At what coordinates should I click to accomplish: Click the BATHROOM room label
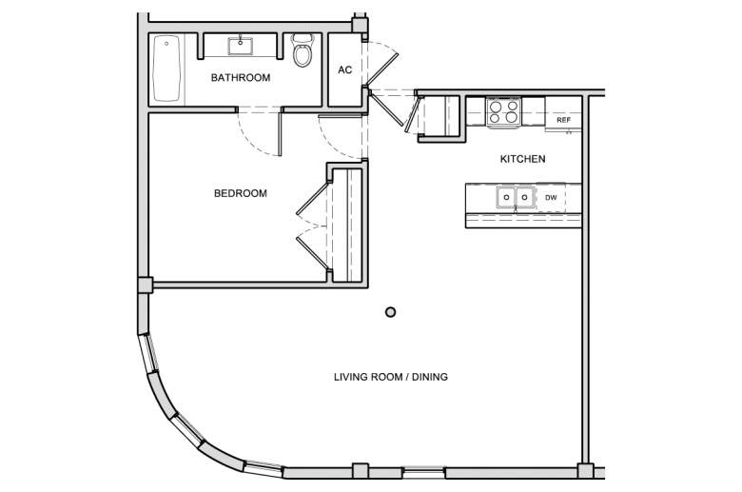tap(241, 78)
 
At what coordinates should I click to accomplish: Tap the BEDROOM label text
tap(241, 193)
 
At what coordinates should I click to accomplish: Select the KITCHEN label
tap(522, 159)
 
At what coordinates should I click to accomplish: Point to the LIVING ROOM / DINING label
tap(391, 377)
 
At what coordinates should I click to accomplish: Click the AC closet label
tap(345, 70)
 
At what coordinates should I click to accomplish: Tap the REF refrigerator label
tap(563, 120)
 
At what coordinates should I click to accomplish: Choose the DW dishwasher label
tap(551, 198)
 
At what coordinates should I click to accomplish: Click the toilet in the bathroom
tap(302, 49)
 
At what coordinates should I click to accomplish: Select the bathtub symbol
tap(166, 69)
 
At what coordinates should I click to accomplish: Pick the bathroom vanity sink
tap(241, 46)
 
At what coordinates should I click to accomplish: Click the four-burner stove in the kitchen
tap(503, 111)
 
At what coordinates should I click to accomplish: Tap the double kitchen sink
tap(516, 197)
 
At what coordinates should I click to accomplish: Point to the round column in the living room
tap(390, 312)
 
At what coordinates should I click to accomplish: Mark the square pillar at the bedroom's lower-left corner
tap(145, 285)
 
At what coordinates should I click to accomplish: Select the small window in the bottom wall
tap(424, 472)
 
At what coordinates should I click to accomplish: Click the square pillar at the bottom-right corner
tap(585, 471)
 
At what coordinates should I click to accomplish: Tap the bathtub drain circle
tap(166, 44)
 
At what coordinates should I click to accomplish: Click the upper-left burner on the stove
tap(496, 106)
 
